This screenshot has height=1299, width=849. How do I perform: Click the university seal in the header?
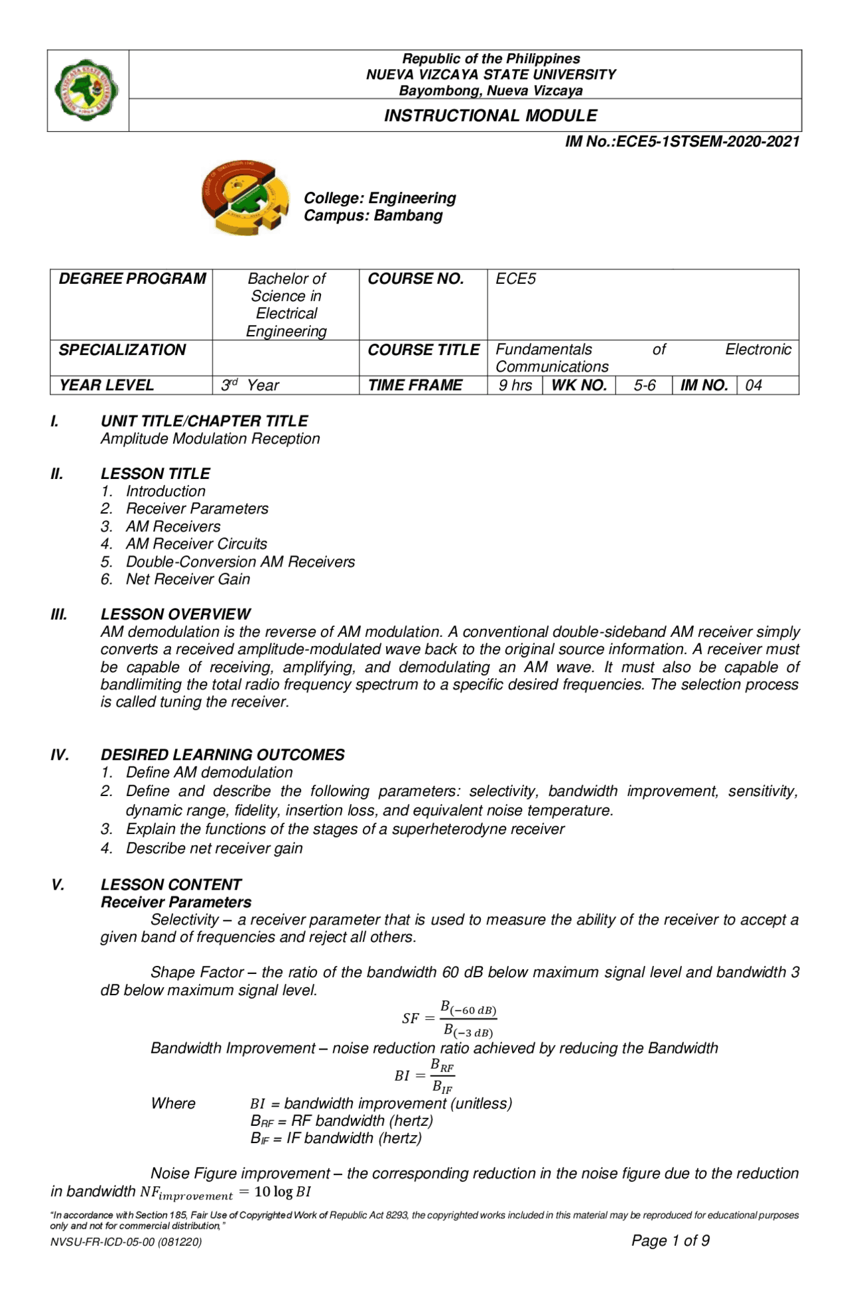(x=87, y=90)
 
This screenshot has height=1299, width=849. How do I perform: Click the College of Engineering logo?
(x=245, y=198)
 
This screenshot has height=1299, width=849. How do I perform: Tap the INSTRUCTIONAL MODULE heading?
(x=490, y=115)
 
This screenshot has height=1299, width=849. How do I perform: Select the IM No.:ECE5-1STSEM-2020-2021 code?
(x=682, y=141)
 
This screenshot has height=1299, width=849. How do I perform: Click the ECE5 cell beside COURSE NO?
(x=515, y=279)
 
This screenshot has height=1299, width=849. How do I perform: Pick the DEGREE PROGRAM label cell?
(x=132, y=279)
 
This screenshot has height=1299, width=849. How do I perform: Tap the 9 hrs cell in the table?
(x=515, y=385)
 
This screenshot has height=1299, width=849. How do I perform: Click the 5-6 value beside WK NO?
(x=644, y=385)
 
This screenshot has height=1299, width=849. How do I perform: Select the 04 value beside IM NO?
(x=753, y=385)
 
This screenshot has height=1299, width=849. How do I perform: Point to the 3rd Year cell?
(x=250, y=385)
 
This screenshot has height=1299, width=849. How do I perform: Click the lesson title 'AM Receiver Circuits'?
(x=196, y=544)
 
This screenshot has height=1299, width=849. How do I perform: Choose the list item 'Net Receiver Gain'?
(x=188, y=579)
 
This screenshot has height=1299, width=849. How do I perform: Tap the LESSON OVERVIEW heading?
(x=175, y=614)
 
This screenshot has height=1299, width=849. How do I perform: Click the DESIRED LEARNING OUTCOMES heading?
(x=222, y=755)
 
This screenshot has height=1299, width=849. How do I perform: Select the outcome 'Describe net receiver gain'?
(x=214, y=849)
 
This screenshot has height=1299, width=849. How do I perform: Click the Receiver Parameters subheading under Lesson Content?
(x=176, y=902)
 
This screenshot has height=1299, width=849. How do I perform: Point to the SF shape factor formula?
(x=449, y=1018)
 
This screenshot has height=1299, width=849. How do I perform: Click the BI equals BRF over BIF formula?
(x=424, y=1075)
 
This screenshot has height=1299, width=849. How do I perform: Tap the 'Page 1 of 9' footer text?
(x=670, y=1241)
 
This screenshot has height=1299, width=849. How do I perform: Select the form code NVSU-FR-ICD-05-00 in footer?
(x=126, y=1242)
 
